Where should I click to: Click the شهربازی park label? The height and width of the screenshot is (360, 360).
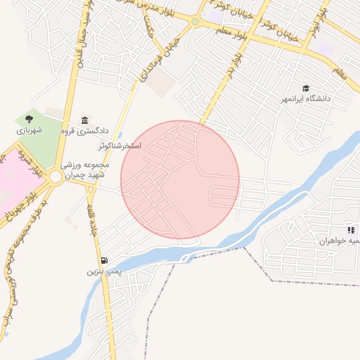click(30, 130)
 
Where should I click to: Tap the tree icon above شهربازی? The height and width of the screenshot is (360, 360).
click(29, 119)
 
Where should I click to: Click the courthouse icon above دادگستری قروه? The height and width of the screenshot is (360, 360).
click(85, 120)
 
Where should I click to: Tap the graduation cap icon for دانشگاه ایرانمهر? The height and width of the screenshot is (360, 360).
click(306, 88)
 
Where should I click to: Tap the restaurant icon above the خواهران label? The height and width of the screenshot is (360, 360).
click(350, 230)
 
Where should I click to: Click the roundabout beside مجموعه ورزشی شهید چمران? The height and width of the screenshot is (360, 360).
click(55, 176)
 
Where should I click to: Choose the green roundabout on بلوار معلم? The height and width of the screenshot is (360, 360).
click(194, 22)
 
